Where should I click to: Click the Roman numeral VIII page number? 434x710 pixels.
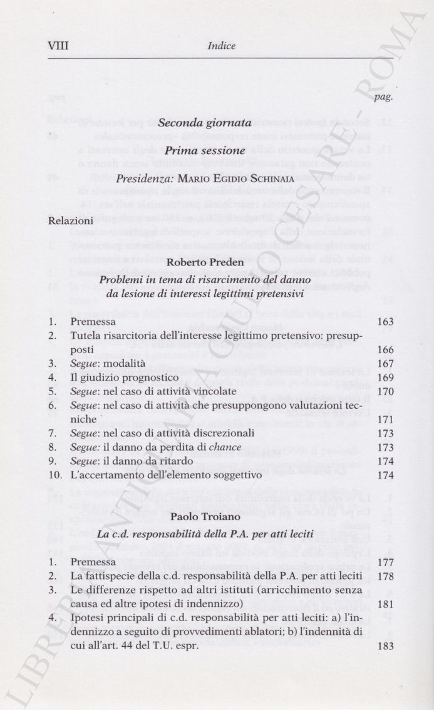(x=58, y=46)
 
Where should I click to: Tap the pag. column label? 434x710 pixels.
(x=383, y=97)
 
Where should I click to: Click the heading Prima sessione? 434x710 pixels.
(x=205, y=151)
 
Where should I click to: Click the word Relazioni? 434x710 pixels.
(x=71, y=220)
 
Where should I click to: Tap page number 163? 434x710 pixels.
(x=386, y=322)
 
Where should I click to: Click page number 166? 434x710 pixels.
(x=386, y=349)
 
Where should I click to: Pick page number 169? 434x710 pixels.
(x=386, y=378)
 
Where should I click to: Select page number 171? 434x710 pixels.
(x=386, y=419)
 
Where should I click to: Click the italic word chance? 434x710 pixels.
(x=225, y=447)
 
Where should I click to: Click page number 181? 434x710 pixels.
(x=386, y=604)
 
